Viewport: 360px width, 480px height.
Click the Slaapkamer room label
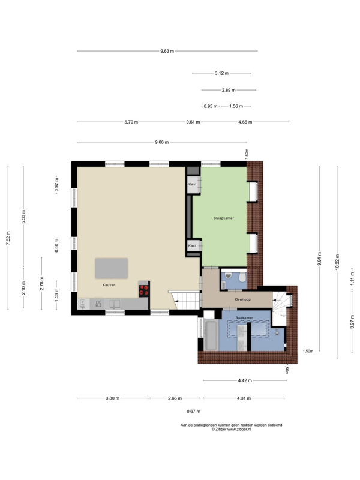pyautogui.click(x=223, y=218)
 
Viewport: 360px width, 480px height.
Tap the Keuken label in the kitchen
pyautogui.click(x=109, y=285)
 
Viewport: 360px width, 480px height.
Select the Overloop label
pyautogui.click(x=243, y=299)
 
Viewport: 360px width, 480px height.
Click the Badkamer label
pyautogui.click(x=244, y=318)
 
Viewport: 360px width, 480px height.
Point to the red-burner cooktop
pyautogui.click(x=143, y=290)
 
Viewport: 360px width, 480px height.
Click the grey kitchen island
pyautogui.click(x=112, y=268)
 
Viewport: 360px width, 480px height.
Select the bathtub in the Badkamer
pyautogui.click(x=211, y=335)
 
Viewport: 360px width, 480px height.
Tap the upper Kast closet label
pyautogui.click(x=193, y=184)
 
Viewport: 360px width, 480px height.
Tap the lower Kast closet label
pyautogui.click(x=192, y=245)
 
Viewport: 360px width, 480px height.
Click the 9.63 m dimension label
pyautogui.click(x=167, y=51)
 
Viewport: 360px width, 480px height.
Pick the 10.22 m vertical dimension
pyautogui.click(x=337, y=262)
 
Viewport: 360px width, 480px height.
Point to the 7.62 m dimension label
pyautogui.click(x=8, y=238)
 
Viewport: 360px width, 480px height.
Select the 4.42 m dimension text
pyautogui.click(x=245, y=380)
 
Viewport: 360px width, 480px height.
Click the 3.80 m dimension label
pyautogui.click(x=112, y=398)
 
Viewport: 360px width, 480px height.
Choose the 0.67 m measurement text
pyautogui.click(x=193, y=412)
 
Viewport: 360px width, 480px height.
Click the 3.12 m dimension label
pyautogui.click(x=221, y=73)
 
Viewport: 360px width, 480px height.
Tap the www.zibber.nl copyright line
pyautogui.click(x=232, y=429)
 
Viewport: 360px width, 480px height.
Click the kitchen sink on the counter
pyautogui.click(x=115, y=304)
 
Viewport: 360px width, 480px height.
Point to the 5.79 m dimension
pyautogui.click(x=131, y=122)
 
